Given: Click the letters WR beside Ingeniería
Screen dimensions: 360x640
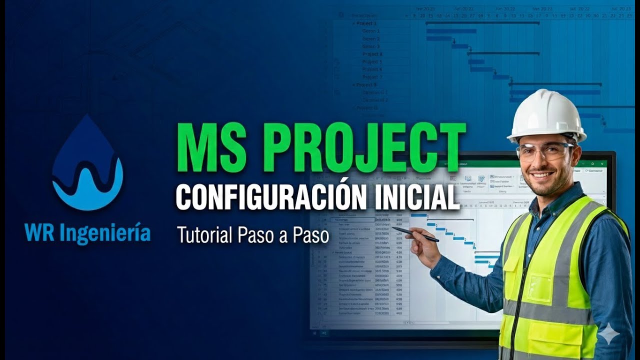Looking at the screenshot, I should click(x=37, y=233).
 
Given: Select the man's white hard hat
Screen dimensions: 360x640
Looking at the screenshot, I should click(x=546, y=115).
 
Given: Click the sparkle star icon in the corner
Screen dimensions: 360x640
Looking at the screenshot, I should click(x=609, y=333).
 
